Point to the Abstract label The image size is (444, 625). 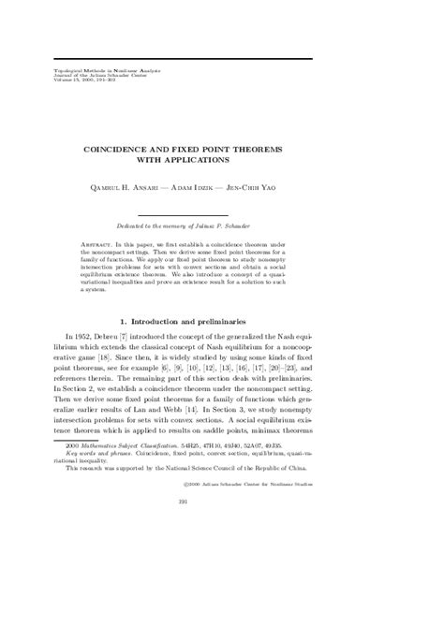tap(110, 241)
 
